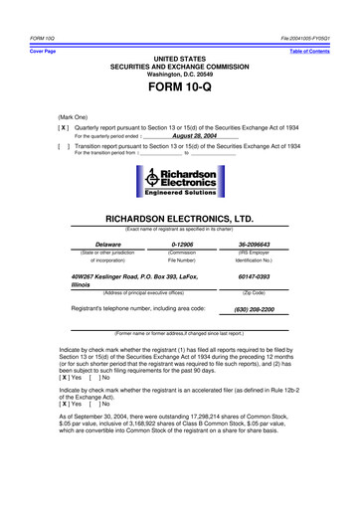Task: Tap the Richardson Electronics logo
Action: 180,182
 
